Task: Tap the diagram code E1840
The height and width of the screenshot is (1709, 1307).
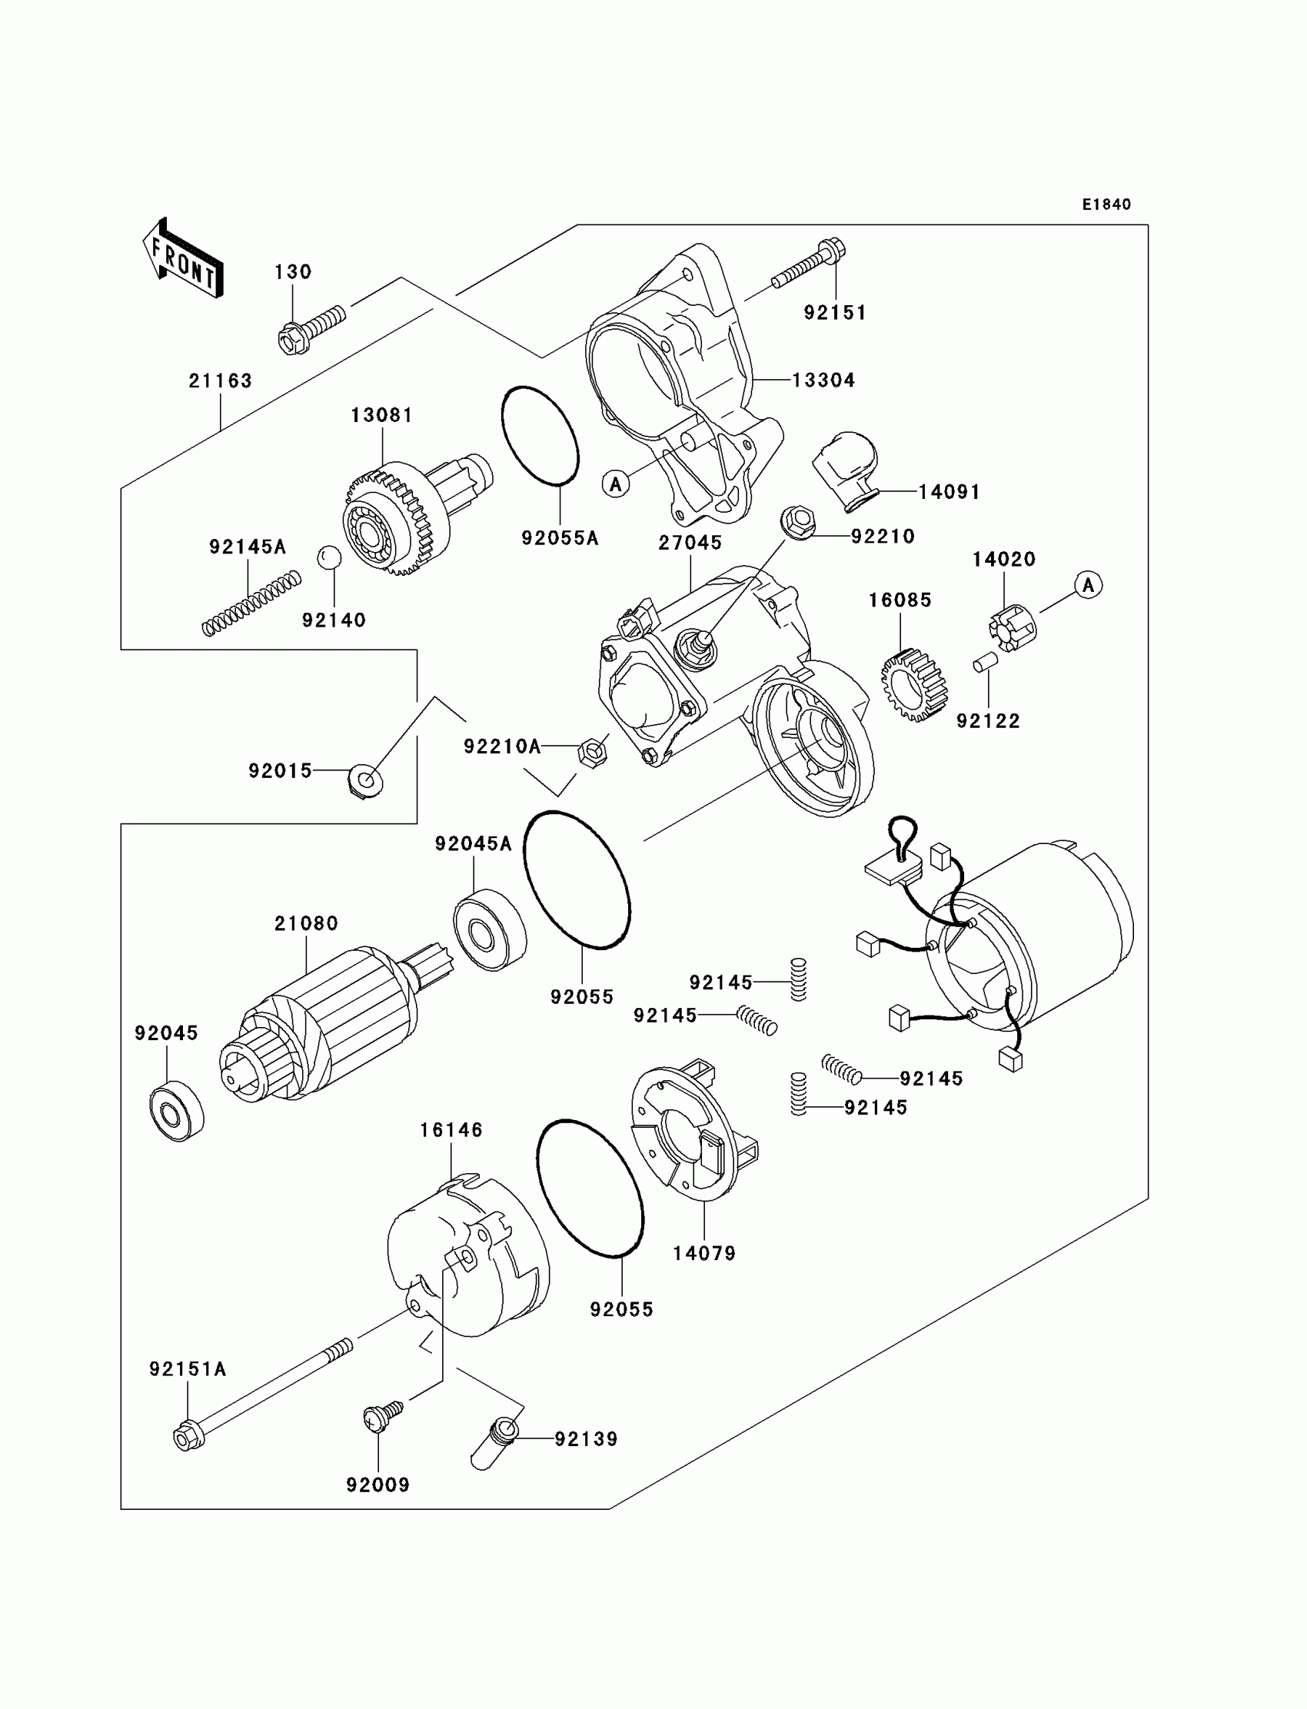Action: click(1106, 204)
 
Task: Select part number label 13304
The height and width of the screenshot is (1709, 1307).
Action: click(823, 381)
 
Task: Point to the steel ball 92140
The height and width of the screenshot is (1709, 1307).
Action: click(329, 557)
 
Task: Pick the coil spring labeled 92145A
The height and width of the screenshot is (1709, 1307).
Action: click(251, 603)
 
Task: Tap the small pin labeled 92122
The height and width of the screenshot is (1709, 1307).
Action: click(984, 663)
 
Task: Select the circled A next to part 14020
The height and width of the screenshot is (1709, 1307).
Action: click(1088, 585)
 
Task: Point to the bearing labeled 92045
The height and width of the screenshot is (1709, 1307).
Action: click(177, 1110)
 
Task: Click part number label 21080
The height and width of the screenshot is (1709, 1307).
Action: click(306, 923)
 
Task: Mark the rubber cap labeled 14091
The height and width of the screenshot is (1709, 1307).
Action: click(845, 467)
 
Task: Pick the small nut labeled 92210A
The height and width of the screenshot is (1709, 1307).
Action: click(592, 751)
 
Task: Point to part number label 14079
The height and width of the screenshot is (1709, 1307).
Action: click(704, 1253)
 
